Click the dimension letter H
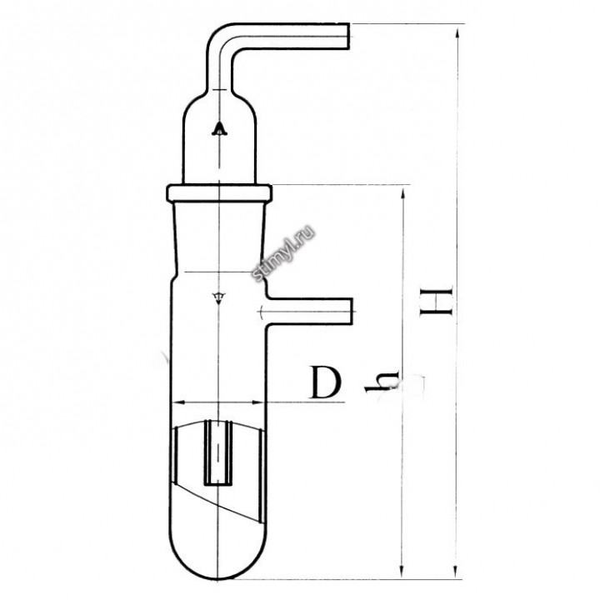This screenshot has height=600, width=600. (436, 301)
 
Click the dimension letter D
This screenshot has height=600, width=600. (326, 382)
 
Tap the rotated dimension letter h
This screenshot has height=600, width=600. (382, 382)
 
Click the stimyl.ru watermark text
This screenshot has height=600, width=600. (283, 253)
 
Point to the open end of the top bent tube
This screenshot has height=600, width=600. (348, 37)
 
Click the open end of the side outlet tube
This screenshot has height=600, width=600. (351, 312)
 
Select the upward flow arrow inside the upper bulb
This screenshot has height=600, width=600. (219, 129)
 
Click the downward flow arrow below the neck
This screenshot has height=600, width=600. (218, 298)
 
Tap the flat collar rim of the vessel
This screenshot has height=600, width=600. (219, 193)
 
